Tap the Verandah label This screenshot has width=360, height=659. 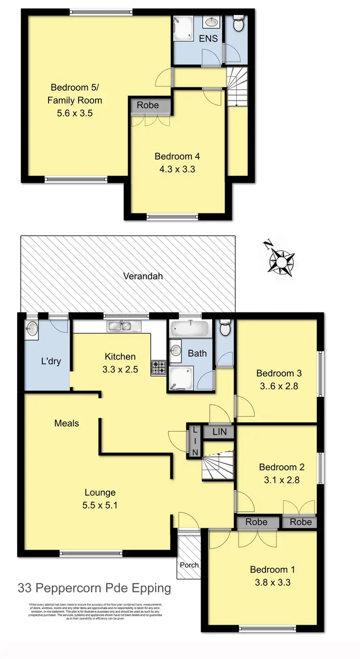coord(143,276)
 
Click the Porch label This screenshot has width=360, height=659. coord(189,565)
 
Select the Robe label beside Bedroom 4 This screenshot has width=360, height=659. coord(148,105)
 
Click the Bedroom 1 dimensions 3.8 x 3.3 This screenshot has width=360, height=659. coord(272,583)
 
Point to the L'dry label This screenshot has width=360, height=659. coord(51,361)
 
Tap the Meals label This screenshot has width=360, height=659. coord(67,423)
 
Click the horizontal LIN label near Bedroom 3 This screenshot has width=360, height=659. coord(218,432)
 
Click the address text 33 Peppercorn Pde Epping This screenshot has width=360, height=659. coord(94,587)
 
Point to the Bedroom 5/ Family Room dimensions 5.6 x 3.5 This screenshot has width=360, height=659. coord(76,114)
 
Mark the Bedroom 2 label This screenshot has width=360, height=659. coord(282,467)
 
